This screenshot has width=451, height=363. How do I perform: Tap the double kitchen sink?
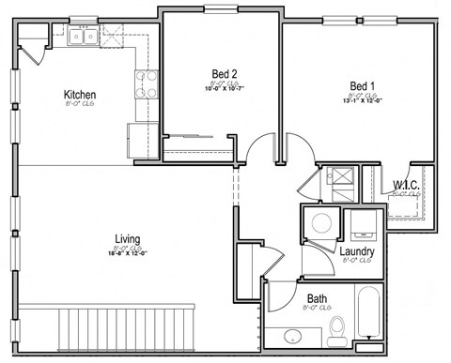(x=81, y=38)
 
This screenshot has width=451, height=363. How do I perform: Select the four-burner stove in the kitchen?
(x=146, y=85)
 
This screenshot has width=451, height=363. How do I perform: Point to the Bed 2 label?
(x=222, y=76)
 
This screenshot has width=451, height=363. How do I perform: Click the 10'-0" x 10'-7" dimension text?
(x=222, y=89)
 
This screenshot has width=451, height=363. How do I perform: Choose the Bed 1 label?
(x=362, y=83)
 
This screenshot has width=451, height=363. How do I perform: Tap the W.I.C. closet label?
(x=406, y=186)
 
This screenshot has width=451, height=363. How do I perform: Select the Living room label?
(x=128, y=238)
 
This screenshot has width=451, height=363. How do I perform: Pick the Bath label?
(x=316, y=299)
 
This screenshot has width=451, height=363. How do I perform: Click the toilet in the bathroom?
(x=338, y=329)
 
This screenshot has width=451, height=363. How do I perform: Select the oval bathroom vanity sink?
(x=292, y=337)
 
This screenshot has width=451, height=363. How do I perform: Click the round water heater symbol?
(x=321, y=223)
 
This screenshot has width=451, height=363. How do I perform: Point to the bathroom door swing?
(x=279, y=293)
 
